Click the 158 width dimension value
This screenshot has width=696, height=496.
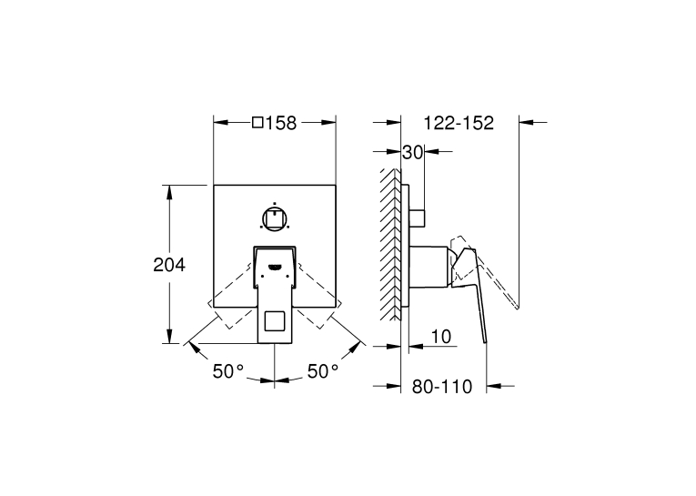coord(281,123)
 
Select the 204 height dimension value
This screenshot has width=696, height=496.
coord(169,265)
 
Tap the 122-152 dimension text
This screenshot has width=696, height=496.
coord(459,123)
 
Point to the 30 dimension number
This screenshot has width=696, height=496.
coord(413,152)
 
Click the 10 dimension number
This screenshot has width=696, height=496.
coord(441,337)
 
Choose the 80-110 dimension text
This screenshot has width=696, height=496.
coord(442,387)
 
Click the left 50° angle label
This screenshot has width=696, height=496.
coord(228,371)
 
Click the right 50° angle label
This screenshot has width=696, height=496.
coord(323,371)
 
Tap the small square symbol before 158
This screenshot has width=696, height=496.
coord(257,122)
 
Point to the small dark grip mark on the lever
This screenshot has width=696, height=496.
coord(275,267)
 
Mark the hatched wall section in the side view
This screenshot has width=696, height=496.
coord(390,244)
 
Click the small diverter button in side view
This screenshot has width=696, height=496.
coord(418,218)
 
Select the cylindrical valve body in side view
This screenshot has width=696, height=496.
coord(429,266)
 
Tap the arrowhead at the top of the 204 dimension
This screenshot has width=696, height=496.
coord(169,192)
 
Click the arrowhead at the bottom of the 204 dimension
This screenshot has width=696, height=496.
coord(169,336)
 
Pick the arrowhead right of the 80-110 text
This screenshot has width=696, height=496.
coord(494,386)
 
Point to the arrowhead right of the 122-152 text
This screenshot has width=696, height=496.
coord(527,122)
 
